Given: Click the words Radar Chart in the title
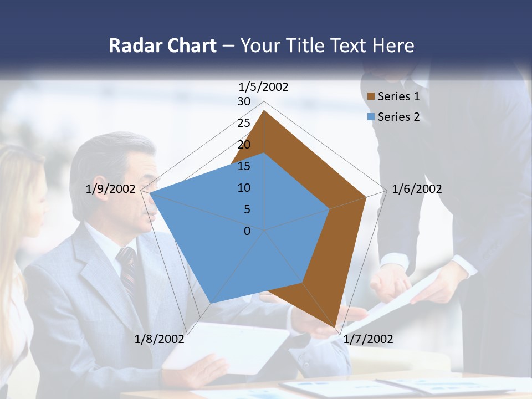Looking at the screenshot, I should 162,45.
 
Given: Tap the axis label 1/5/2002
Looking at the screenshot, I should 264,86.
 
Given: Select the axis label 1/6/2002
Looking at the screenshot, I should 417,189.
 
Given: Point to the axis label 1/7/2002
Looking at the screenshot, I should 368,339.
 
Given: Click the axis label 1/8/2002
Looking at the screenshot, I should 160,339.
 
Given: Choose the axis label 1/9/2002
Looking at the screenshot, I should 111,189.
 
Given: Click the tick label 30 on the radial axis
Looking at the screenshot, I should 244,101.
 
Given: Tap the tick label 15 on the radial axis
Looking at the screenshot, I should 244,166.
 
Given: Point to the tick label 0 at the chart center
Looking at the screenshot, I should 247,231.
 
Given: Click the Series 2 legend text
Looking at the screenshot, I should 398,117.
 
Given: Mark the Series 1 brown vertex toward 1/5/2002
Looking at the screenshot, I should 264,111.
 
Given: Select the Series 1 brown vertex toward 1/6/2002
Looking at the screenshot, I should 366,197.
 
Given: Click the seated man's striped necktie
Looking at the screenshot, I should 128,272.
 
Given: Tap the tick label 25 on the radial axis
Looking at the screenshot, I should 244,123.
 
